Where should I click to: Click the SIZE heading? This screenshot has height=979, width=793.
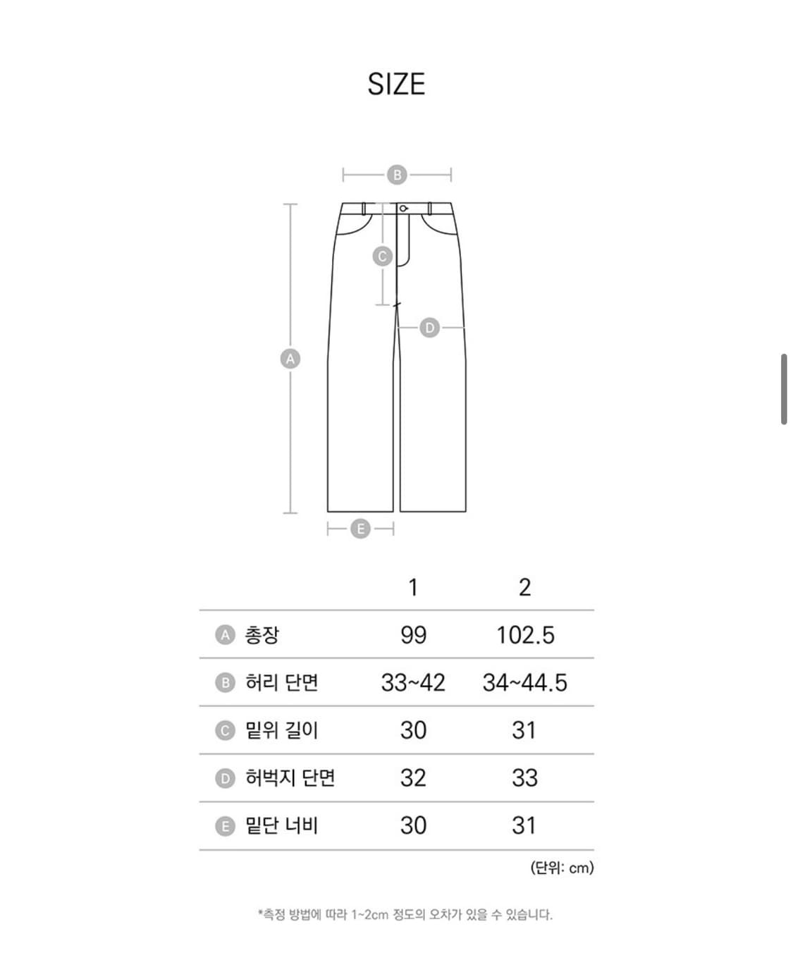(x=396, y=84)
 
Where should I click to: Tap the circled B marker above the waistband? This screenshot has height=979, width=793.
(x=397, y=175)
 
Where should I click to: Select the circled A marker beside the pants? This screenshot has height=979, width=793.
(x=290, y=359)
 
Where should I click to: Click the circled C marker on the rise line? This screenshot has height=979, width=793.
(x=383, y=256)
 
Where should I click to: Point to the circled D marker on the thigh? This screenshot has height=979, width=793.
(x=429, y=328)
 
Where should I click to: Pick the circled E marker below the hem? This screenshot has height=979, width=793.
(x=360, y=529)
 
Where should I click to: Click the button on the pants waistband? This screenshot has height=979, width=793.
(x=403, y=209)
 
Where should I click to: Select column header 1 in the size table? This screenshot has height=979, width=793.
(x=413, y=587)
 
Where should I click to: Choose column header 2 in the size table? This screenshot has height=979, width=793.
(x=524, y=587)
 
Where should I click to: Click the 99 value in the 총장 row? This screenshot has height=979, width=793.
(x=413, y=635)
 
